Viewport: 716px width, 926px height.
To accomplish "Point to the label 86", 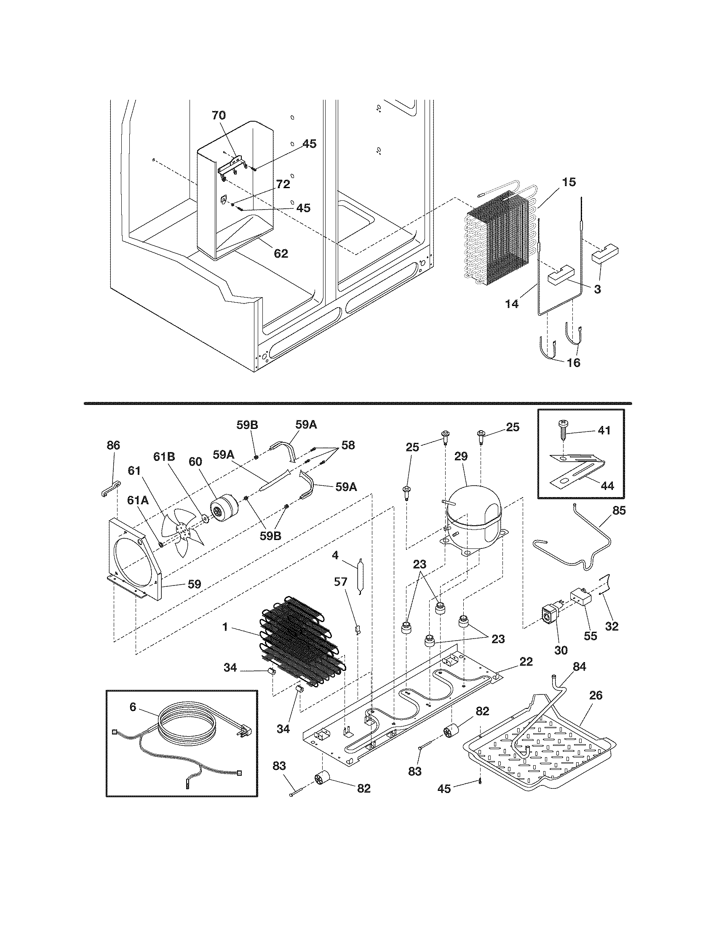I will [x=113, y=445].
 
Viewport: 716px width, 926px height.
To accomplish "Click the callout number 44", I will [x=608, y=486].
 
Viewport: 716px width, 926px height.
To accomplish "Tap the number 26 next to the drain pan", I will [x=596, y=695].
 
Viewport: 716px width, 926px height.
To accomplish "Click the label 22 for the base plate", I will [x=526, y=661].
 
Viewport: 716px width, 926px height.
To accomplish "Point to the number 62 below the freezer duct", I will [x=281, y=253].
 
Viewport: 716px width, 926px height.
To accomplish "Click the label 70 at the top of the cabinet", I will [x=219, y=115].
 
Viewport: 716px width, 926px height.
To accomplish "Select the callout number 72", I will [x=283, y=184].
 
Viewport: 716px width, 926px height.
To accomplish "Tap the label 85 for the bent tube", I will [x=619, y=511].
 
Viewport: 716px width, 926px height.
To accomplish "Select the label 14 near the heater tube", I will [x=512, y=303].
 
